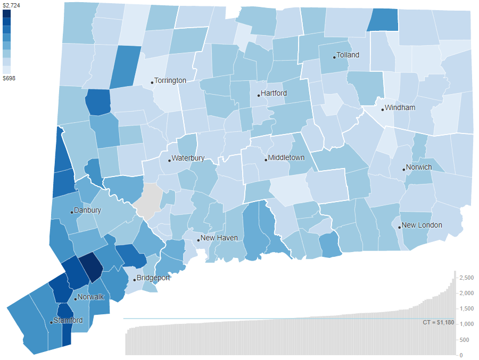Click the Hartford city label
click(x=274, y=94)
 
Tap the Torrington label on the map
click(x=170, y=81)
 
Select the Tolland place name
click(x=348, y=55)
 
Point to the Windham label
click(x=400, y=108)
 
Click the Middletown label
click(x=286, y=158)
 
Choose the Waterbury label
click(x=188, y=158)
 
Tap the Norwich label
click(x=418, y=168)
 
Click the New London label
click(x=422, y=225)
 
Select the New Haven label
click(x=219, y=238)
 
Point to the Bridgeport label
click(x=153, y=278)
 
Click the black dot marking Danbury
click(x=72, y=212)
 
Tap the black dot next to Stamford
click(x=51, y=322)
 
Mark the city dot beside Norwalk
click(x=76, y=299)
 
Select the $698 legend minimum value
click(x=9, y=78)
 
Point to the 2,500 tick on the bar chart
click(x=467, y=278)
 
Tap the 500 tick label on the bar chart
click(x=465, y=340)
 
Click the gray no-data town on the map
click(x=147, y=201)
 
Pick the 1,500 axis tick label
click(x=467, y=309)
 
